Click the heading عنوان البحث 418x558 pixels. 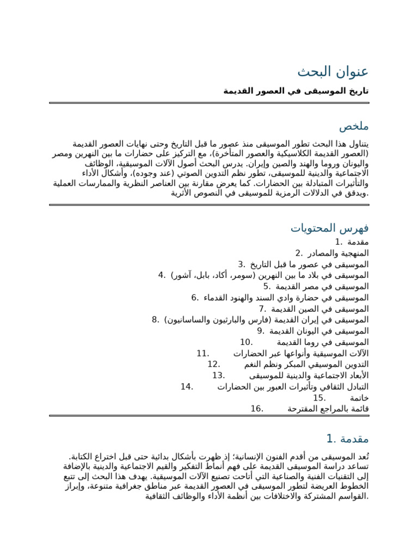point(333,72)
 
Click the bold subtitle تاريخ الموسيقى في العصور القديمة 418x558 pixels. point(296,91)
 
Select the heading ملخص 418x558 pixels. point(354,126)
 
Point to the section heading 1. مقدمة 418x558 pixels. point(347,439)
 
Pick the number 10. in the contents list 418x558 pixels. point(247,342)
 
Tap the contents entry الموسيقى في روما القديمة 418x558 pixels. point(323,342)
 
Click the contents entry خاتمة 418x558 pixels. point(359,398)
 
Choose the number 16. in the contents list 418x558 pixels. point(257,409)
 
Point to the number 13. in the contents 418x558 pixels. point(219,375)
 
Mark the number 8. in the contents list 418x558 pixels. point(156,320)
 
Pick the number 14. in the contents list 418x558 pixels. point(187,387)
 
